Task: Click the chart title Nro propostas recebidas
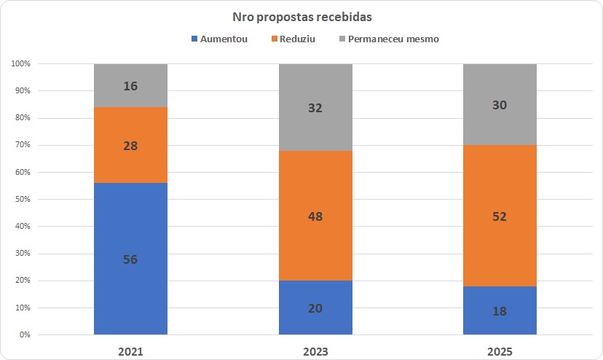[x=301, y=16]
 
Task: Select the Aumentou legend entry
[x=219, y=39]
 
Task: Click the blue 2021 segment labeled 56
[x=130, y=259]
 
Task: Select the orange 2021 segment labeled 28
[x=130, y=145]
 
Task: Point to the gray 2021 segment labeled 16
[x=130, y=85]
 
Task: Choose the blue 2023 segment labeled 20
[x=315, y=308]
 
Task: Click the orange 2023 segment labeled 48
[x=315, y=216]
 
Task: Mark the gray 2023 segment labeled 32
[x=315, y=107]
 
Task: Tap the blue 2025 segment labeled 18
[x=500, y=310]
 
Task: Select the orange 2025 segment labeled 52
[x=500, y=216]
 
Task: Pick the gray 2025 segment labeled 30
[x=500, y=104]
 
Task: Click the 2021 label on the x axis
[x=130, y=351]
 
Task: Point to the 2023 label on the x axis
[x=315, y=351]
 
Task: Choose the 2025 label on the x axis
[x=500, y=351]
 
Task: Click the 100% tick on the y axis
[x=20, y=64]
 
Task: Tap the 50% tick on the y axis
[x=22, y=200]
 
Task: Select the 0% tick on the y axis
[x=24, y=335]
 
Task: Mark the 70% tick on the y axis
[x=22, y=145]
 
